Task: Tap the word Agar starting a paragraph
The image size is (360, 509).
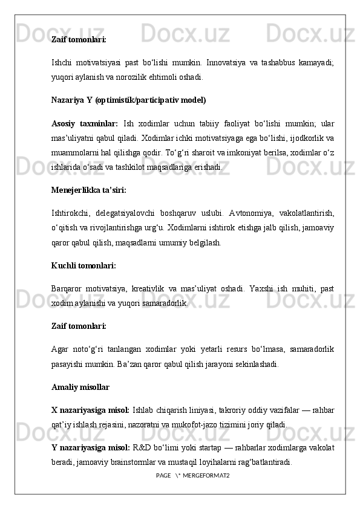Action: pyautogui.click(x=62, y=349)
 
